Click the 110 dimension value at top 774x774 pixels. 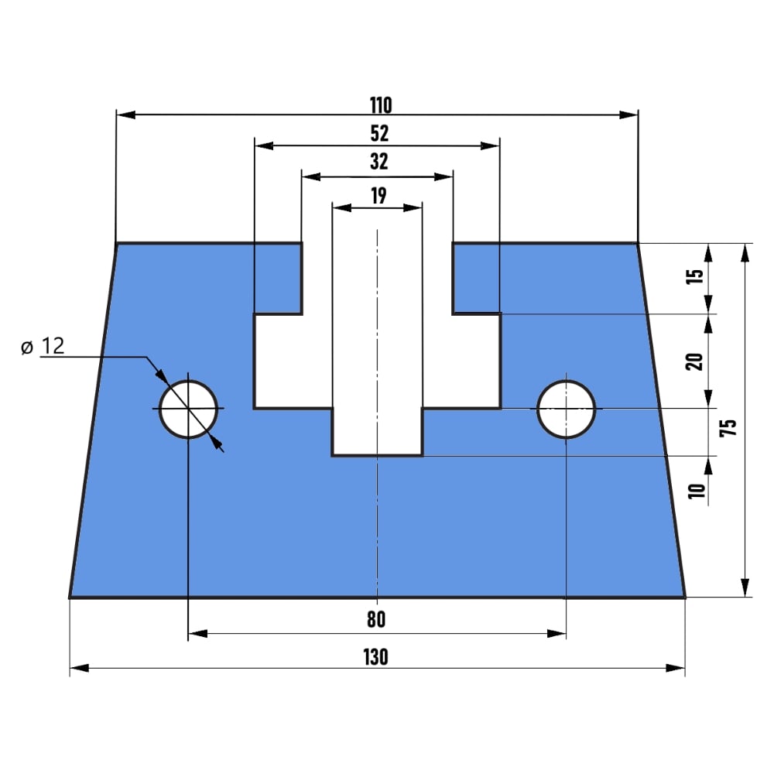(x=381, y=105)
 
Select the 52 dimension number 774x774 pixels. (x=379, y=133)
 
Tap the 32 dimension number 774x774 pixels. (x=379, y=162)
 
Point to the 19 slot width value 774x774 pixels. (x=378, y=196)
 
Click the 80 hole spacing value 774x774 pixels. (x=376, y=619)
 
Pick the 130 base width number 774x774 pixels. (x=375, y=657)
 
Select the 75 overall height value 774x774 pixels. (x=728, y=427)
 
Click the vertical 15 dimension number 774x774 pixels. (x=694, y=276)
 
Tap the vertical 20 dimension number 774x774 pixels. (x=694, y=361)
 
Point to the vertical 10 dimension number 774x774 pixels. (x=697, y=491)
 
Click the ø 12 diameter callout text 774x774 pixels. (x=43, y=347)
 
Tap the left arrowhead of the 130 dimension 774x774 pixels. (x=80, y=669)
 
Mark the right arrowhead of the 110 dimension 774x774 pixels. (x=628, y=115)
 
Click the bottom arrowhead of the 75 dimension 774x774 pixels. (x=745, y=588)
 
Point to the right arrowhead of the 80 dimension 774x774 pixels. (x=557, y=633)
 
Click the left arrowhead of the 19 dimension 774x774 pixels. (x=342, y=207)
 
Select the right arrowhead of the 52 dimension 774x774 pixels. (x=490, y=146)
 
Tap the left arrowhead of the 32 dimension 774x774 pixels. (x=311, y=176)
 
